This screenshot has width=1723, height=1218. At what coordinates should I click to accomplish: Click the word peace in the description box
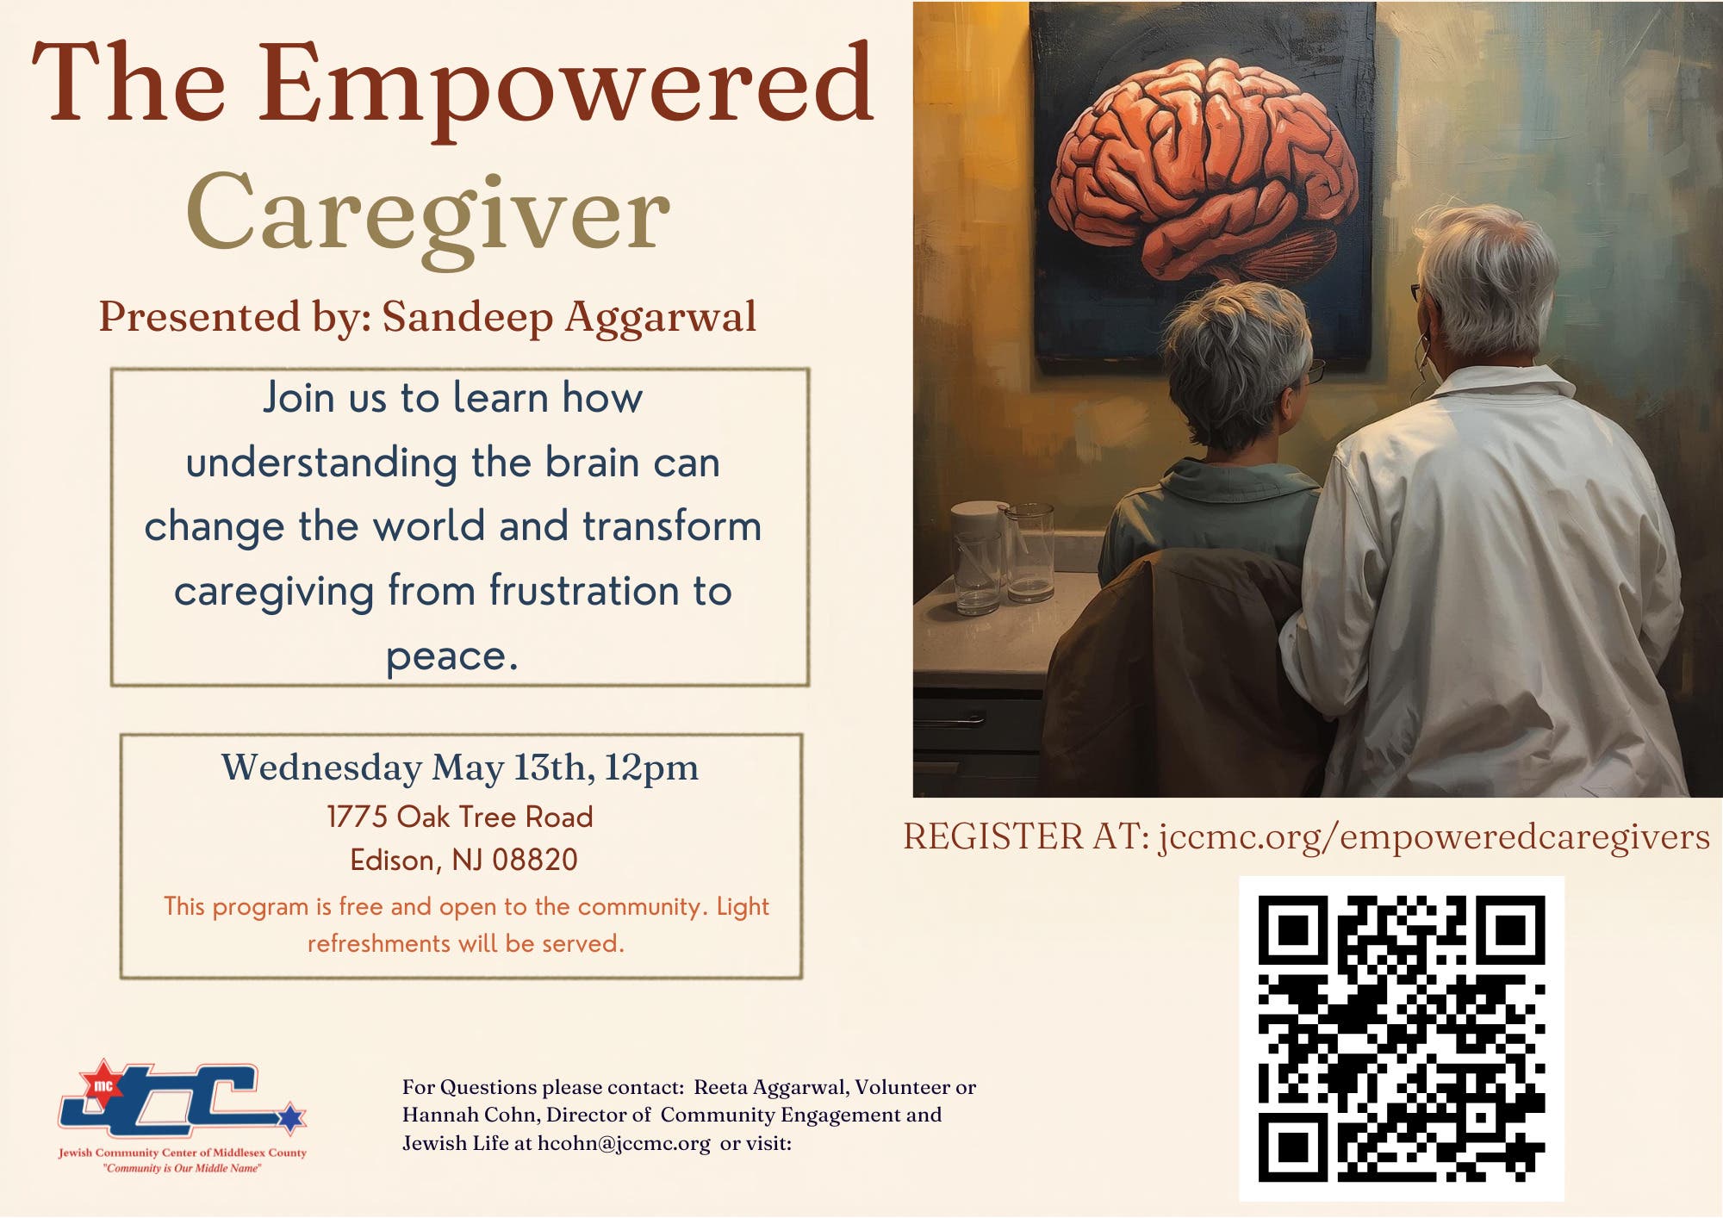coord(451,657)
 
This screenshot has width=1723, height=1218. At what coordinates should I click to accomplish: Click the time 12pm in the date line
coord(650,767)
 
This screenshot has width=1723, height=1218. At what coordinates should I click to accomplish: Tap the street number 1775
coord(357,817)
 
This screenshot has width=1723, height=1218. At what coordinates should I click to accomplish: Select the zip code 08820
coord(535,860)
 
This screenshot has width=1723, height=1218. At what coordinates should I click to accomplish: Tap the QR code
coord(1402,1039)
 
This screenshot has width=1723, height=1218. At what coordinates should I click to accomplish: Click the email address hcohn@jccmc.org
coord(624,1144)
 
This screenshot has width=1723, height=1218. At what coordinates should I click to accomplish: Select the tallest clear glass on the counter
coord(1029,552)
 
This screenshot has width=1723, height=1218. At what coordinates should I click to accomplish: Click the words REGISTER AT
coord(1026,837)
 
